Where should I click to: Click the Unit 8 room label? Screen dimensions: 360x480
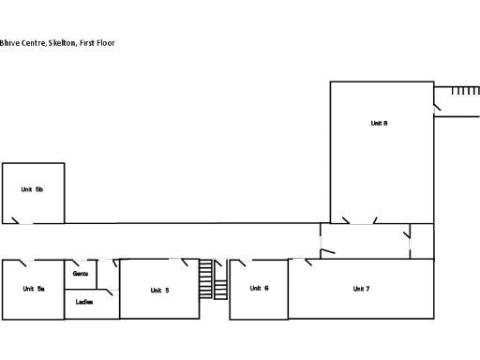(379, 123)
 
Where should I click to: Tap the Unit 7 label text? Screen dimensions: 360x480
(361, 289)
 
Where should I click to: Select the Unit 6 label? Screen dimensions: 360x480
(260, 288)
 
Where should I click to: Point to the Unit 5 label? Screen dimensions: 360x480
(159, 290)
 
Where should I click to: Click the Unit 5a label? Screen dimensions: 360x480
(34, 289)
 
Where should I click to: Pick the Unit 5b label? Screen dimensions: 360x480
(33, 189)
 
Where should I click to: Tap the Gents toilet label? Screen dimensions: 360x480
(81, 273)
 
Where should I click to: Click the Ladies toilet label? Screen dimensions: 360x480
(84, 302)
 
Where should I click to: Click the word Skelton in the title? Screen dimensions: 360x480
(60, 43)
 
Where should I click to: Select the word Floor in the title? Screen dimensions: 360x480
(105, 43)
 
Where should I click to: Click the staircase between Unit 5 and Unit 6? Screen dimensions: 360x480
(213, 279)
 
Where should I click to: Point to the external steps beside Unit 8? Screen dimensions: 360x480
(465, 91)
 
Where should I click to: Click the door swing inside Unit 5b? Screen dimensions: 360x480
(15, 220)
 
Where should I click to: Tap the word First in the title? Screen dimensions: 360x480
(85, 43)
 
